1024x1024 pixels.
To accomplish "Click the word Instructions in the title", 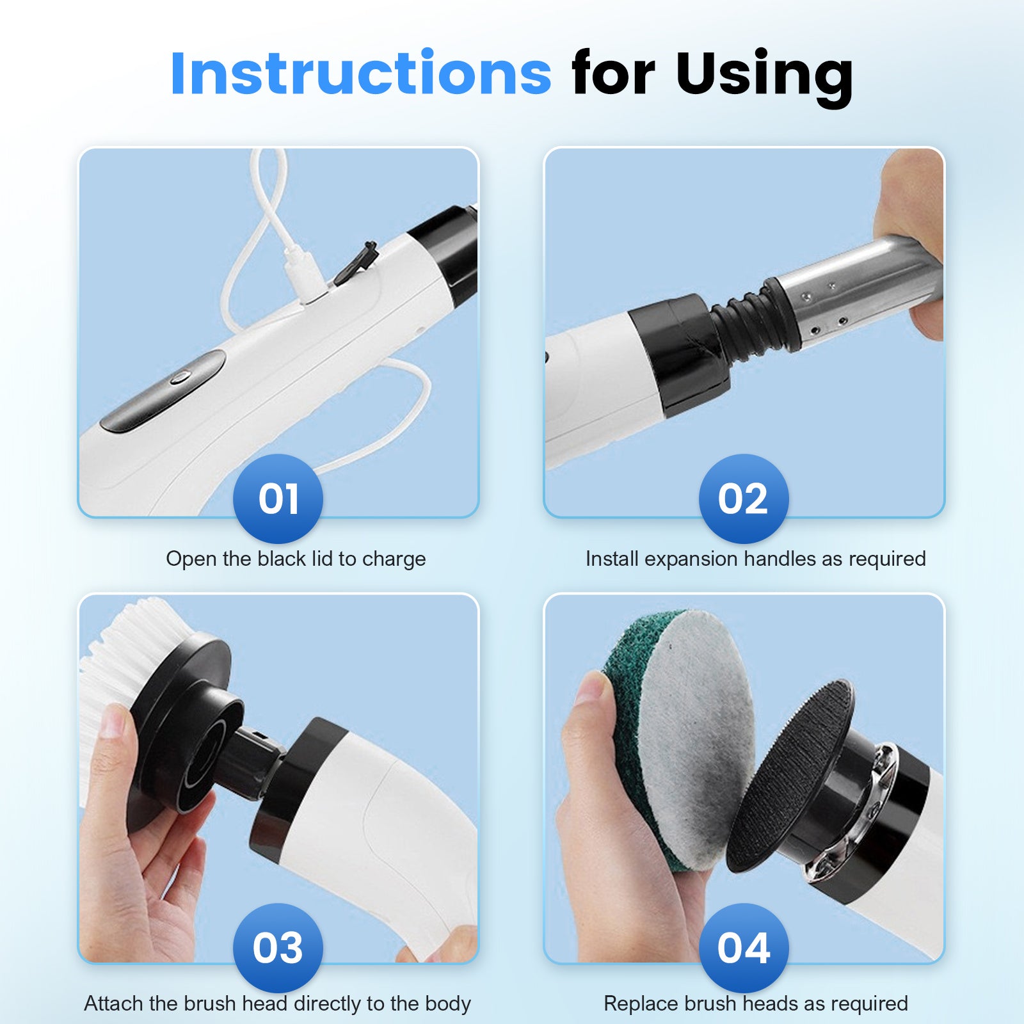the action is [360, 73].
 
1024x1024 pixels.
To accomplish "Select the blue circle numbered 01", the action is [278, 499].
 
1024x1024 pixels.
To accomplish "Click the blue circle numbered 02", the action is [743, 499].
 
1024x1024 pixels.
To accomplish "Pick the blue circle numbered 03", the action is [278, 948].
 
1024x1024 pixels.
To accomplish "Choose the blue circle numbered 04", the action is [743, 948].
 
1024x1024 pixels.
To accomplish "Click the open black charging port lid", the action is [356, 262].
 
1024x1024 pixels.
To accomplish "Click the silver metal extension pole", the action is [858, 288].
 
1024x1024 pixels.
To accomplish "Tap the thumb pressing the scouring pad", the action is [592, 704].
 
